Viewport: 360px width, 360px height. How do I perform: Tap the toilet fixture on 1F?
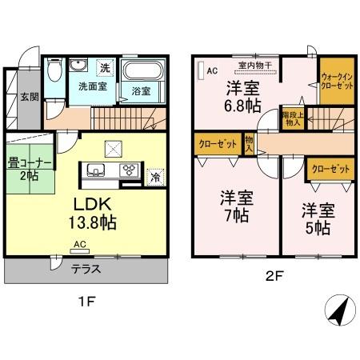click(x=53, y=74)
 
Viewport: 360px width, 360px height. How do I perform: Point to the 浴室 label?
click(x=141, y=91)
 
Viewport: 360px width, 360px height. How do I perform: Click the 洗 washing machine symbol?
click(x=105, y=67)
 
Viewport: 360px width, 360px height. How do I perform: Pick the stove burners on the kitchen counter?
click(x=127, y=170)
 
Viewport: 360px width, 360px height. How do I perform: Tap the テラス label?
click(x=86, y=270)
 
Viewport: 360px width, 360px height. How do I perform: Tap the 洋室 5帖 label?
click(x=317, y=218)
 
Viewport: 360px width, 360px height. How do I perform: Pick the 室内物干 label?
click(x=253, y=66)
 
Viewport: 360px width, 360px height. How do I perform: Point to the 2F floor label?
click(x=274, y=278)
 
